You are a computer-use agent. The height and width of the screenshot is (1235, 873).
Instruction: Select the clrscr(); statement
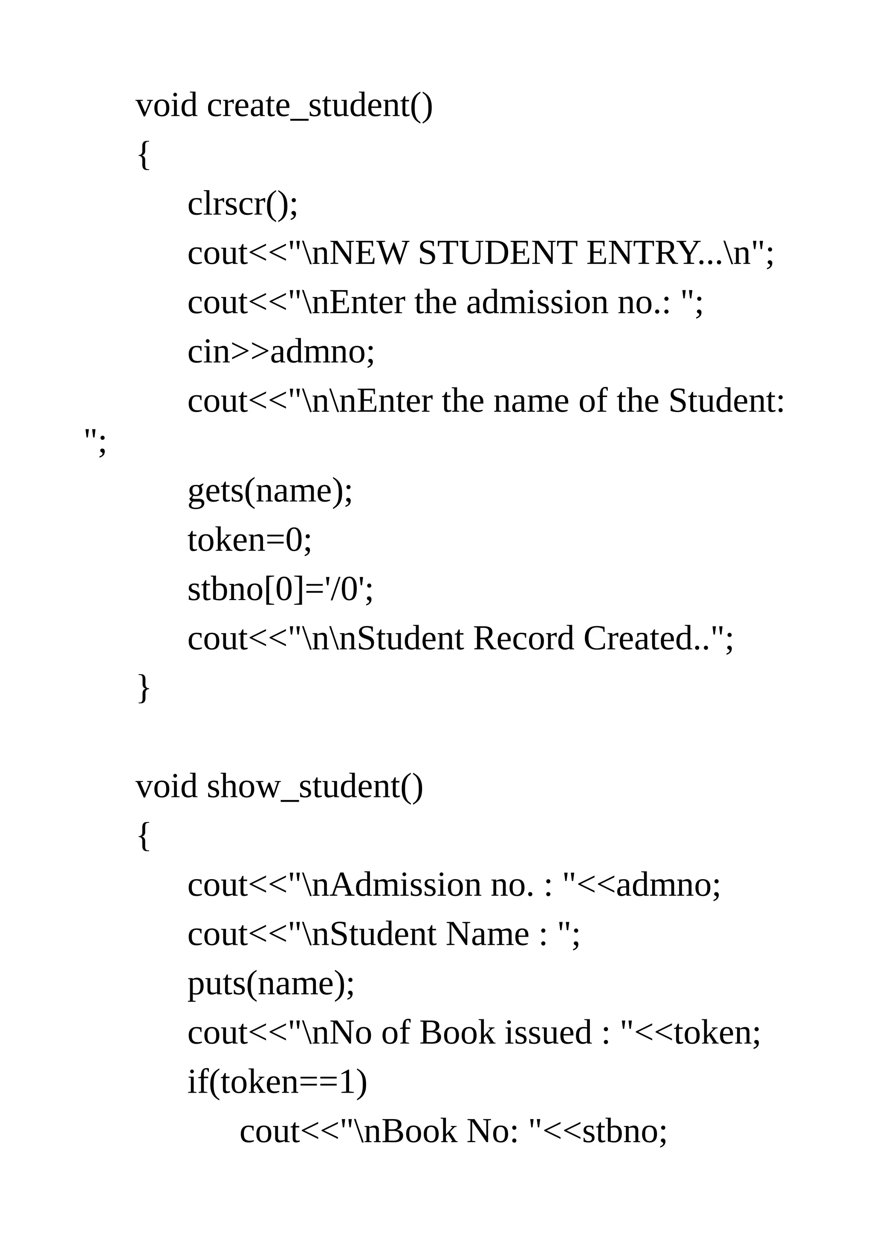[242, 205]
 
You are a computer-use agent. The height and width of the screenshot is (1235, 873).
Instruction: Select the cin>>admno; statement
[281, 352]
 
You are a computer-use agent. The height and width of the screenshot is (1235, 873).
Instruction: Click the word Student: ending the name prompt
[727, 402]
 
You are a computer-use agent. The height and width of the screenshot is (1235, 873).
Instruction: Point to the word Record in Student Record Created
[523, 639]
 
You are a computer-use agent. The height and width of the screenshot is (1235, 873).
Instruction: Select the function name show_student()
[315, 788]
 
